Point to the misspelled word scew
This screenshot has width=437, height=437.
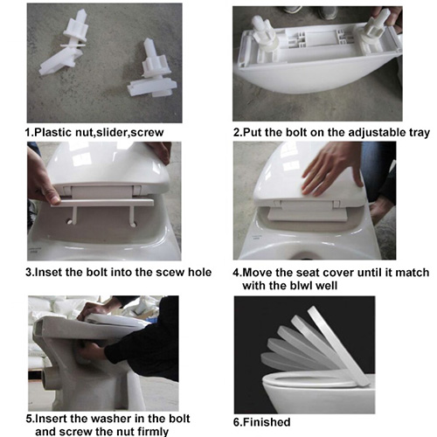click(170, 273)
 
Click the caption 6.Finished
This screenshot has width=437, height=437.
click(262, 422)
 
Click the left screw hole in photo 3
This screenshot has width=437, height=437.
click(70, 222)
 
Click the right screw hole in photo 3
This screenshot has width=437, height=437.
click(135, 224)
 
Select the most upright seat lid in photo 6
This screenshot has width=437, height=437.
click(338, 347)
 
